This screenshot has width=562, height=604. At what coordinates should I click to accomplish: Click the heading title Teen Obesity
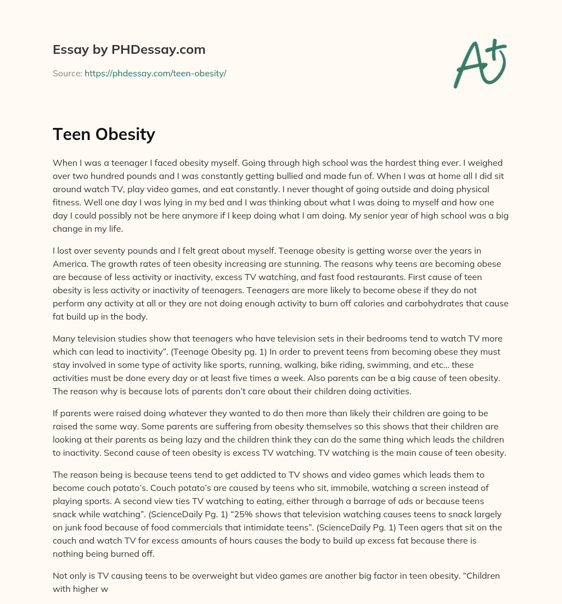104,134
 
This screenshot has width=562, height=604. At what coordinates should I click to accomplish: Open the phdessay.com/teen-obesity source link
155,73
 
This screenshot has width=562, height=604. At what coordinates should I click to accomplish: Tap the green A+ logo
480,63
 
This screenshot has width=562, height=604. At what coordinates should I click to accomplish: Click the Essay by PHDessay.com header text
129,49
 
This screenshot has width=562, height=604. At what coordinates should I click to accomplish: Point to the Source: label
67,73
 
